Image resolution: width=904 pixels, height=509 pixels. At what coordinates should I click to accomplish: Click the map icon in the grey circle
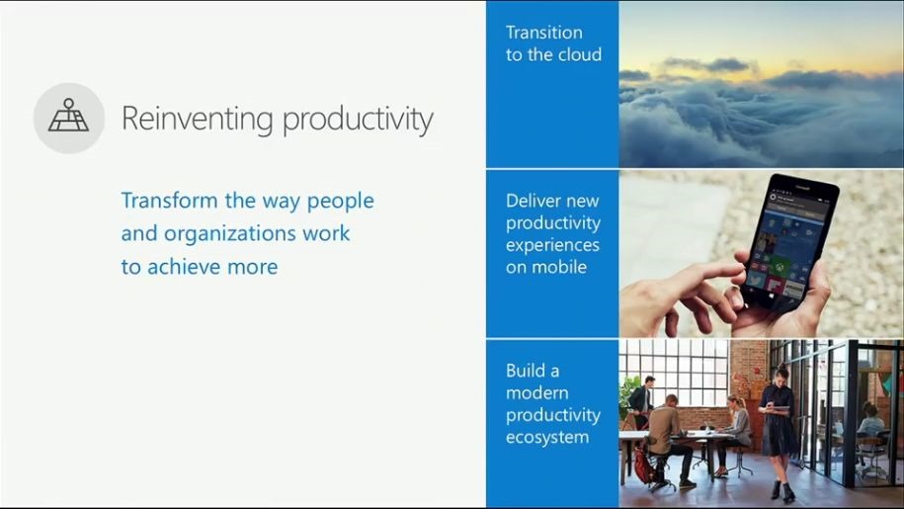[x=68, y=116]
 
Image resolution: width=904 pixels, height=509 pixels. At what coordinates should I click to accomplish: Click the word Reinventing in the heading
[x=198, y=120]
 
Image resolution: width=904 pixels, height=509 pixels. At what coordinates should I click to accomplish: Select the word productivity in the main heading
[x=358, y=121]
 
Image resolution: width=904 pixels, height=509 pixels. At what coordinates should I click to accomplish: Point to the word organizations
[x=230, y=234]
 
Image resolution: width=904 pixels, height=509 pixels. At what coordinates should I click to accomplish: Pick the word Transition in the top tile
[x=543, y=33]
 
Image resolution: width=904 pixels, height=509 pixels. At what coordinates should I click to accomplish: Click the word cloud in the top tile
[x=579, y=54]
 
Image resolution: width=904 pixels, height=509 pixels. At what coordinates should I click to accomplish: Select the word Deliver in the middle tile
[x=529, y=201]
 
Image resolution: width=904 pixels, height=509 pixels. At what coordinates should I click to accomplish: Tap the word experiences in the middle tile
[x=552, y=246]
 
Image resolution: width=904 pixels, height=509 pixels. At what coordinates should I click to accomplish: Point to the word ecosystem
[x=547, y=437]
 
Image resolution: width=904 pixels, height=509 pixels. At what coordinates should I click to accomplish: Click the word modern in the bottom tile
[x=536, y=392]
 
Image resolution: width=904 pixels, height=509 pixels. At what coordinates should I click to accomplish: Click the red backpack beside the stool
[x=644, y=466]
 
